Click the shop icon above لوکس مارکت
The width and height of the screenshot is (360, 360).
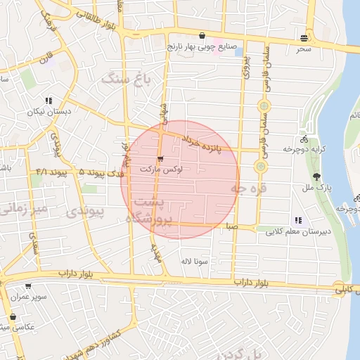pos(161,159)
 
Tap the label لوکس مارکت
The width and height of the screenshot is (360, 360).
pos(161,170)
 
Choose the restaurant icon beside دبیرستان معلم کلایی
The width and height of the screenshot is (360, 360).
pos(298,220)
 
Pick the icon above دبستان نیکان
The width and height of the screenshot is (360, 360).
pos(49,101)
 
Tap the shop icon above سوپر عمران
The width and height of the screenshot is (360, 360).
pos(28,286)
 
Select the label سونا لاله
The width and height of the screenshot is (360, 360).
pos(193,261)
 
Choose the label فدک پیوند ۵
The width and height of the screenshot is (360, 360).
pos(101,172)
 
